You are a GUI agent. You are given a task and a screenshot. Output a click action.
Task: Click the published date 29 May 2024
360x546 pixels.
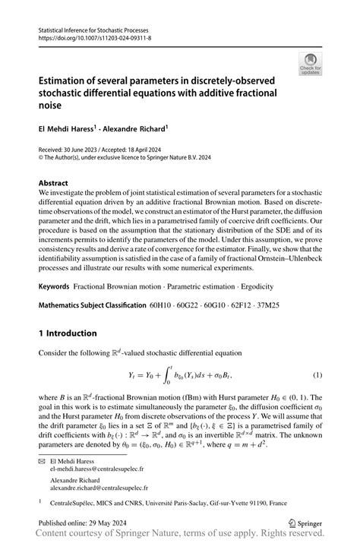pos(113,522)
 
